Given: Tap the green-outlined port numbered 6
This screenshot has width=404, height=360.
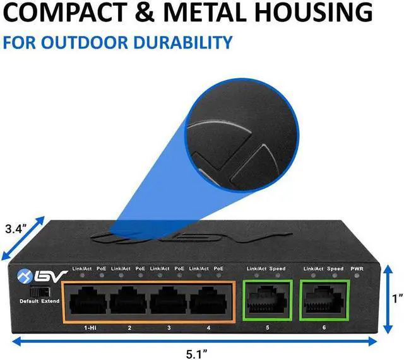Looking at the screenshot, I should (323, 298).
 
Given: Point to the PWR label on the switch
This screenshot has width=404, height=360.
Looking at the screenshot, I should (357, 269).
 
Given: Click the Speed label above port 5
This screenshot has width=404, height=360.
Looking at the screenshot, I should (278, 269).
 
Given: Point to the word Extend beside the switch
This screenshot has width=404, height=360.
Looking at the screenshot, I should (50, 301).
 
